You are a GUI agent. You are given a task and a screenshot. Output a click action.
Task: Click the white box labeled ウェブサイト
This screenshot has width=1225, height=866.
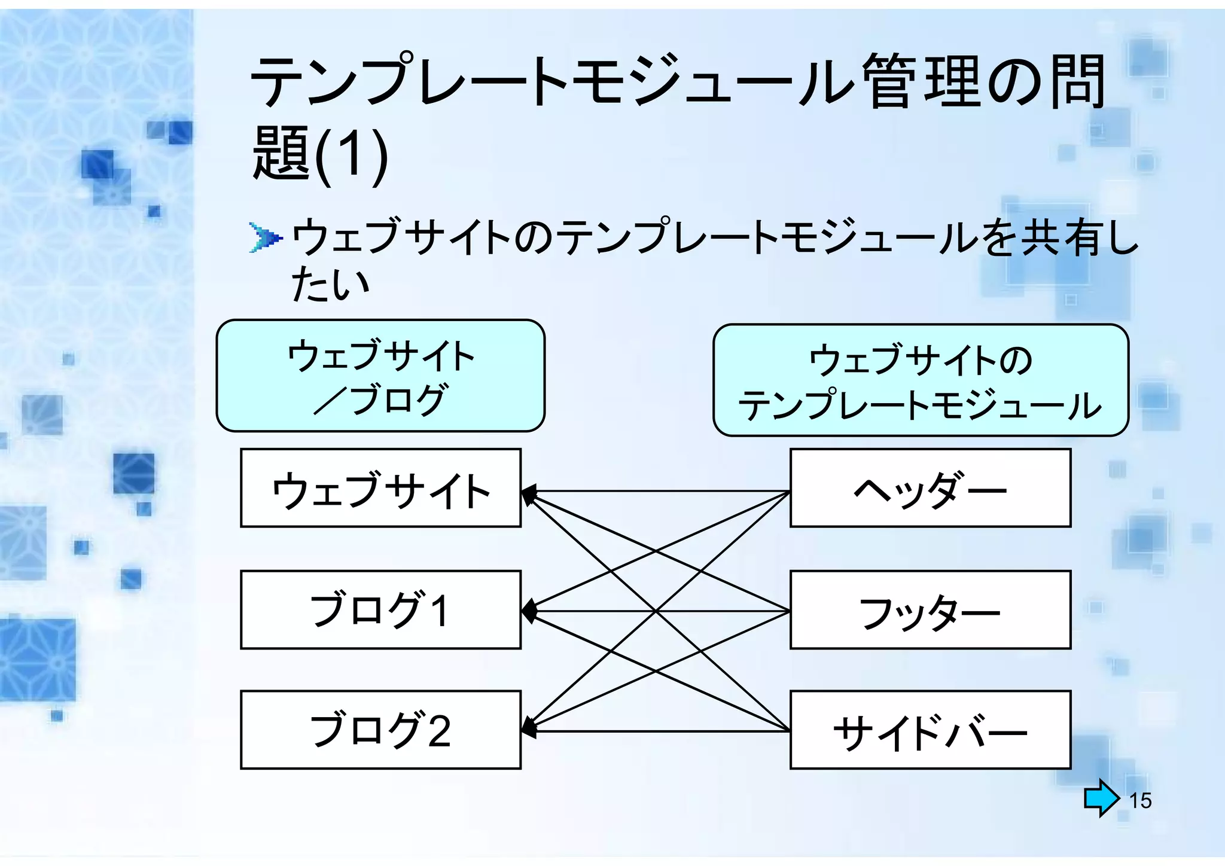[380, 488]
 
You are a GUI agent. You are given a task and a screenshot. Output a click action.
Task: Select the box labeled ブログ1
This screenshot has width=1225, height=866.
[380, 610]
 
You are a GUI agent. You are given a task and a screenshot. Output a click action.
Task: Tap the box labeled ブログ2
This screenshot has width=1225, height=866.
[380, 730]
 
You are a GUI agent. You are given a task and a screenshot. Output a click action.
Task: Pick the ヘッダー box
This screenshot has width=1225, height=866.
[930, 488]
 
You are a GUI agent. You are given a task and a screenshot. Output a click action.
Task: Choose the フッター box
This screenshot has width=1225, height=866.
[930, 610]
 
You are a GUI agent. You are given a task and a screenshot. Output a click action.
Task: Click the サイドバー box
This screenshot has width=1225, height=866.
[930, 730]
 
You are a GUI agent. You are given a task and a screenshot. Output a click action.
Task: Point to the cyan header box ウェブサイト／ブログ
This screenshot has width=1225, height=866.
[380, 376]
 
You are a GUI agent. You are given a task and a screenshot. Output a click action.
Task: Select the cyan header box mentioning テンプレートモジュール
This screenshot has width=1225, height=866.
[921, 380]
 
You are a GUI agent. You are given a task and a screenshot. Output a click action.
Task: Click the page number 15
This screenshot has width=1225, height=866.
[1140, 800]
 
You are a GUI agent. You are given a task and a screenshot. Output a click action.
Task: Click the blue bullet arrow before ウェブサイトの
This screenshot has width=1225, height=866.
[265, 238]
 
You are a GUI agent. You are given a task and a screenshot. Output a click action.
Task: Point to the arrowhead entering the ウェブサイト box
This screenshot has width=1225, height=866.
[528, 495]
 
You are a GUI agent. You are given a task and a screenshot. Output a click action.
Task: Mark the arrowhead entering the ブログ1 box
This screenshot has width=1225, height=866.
[528, 611]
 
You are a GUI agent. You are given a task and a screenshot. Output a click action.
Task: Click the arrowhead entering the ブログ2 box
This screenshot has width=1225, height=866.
[528, 727]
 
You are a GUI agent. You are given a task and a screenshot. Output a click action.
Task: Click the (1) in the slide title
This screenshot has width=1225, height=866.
[351, 154]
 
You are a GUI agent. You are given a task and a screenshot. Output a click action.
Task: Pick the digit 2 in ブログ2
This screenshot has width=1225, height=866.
[438, 731]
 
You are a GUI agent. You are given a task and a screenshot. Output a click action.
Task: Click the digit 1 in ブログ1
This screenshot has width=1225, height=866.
[440, 611]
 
